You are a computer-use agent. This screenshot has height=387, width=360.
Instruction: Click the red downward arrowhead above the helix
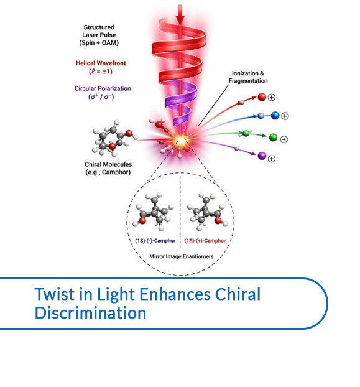click(180, 19)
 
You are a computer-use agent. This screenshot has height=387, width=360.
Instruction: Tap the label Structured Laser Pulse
click(99, 31)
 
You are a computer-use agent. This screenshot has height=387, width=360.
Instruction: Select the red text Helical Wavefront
click(101, 63)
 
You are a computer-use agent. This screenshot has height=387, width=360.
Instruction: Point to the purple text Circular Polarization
click(103, 88)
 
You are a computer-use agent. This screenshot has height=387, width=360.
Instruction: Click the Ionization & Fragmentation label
click(248, 77)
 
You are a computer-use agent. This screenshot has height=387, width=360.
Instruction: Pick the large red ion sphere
click(262, 97)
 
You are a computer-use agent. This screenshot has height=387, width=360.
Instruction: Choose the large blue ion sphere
click(275, 116)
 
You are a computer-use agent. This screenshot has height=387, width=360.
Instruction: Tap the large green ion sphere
click(273, 138)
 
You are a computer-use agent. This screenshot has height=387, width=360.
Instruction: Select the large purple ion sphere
click(262, 156)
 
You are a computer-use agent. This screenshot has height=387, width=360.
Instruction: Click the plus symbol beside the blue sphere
click(285, 116)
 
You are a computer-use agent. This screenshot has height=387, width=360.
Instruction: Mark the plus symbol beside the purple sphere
click(272, 159)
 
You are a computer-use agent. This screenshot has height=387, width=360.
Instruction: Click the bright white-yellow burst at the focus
click(181, 141)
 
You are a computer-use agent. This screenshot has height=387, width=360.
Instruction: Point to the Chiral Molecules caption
click(108, 168)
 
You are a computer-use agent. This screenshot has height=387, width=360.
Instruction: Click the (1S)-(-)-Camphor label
click(155, 240)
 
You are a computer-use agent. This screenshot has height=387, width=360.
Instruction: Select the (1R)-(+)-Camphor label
click(205, 240)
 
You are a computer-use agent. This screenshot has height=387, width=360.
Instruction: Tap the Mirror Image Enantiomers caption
click(182, 256)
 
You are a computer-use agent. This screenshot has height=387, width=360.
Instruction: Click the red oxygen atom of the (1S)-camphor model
click(142, 220)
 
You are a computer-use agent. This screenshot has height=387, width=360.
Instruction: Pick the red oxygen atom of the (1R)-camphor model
click(218, 220)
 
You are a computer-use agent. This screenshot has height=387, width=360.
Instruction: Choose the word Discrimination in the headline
click(91, 313)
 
